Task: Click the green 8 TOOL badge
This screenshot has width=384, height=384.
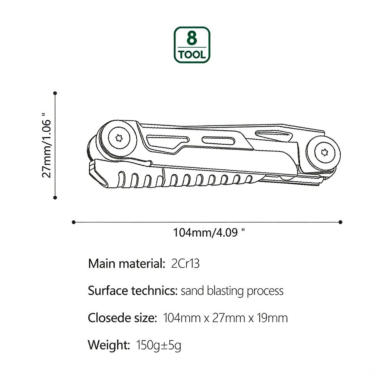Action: pyautogui.click(x=192, y=45)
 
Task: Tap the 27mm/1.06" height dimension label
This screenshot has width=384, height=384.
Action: pyautogui.click(x=46, y=145)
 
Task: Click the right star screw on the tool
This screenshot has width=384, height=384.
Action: pyautogui.click(x=323, y=152)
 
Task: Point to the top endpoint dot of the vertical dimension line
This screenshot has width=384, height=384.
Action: pyautogui.click(x=55, y=93)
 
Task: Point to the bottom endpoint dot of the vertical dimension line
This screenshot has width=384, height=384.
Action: pyautogui.click(x=55, y=197)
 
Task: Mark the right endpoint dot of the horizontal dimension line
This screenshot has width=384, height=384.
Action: pyautogui.click(x=340, y=222)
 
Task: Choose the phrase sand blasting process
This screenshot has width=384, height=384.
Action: pyautogui.click(x=232, y=291)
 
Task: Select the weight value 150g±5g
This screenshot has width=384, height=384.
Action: pyautogui.click(x=159, y=345)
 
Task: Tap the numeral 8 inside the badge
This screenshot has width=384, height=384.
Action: pyautogui.click(x=192, y=38)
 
